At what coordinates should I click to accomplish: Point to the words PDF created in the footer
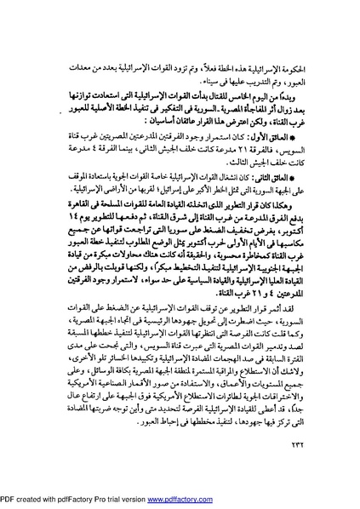(26, 502)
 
